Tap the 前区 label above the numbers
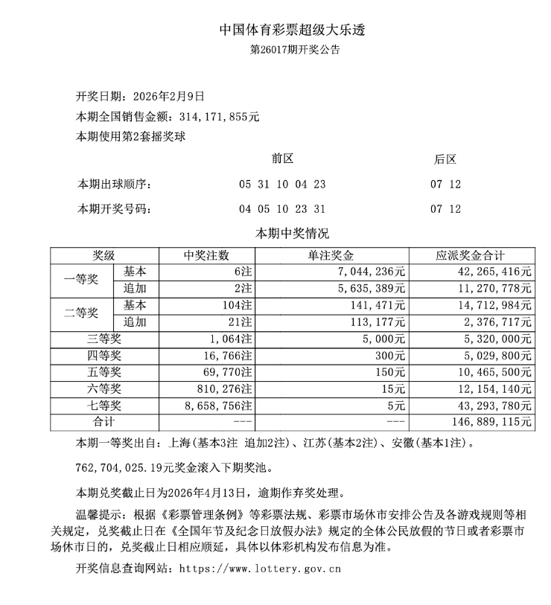point(282,159)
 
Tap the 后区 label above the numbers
point(445,159)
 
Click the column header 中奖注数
point(207,255)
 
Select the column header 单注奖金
point(342,255)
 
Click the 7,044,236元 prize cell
point(372,272)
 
